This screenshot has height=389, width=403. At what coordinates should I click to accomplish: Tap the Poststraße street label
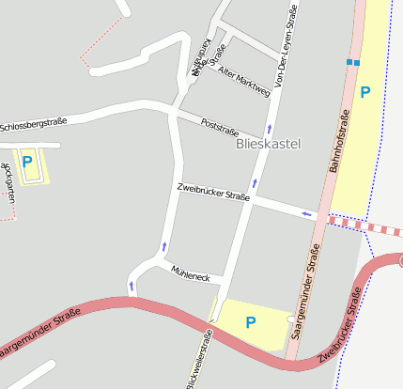(x=220, y=127)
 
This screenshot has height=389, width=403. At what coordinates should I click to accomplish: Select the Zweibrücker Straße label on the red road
(x=340, y=325)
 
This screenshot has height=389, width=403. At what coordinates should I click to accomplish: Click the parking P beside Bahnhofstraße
(x=365, y=92)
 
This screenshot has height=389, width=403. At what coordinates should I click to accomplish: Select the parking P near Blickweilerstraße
(x=250, y=322)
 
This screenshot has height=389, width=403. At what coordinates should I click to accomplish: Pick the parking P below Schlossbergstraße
(x=27, y=162)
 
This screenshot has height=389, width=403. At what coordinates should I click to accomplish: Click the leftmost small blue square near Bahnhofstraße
(x=349, y=62)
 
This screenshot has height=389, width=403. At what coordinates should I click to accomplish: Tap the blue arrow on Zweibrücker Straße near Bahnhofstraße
(x=306, y=214)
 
